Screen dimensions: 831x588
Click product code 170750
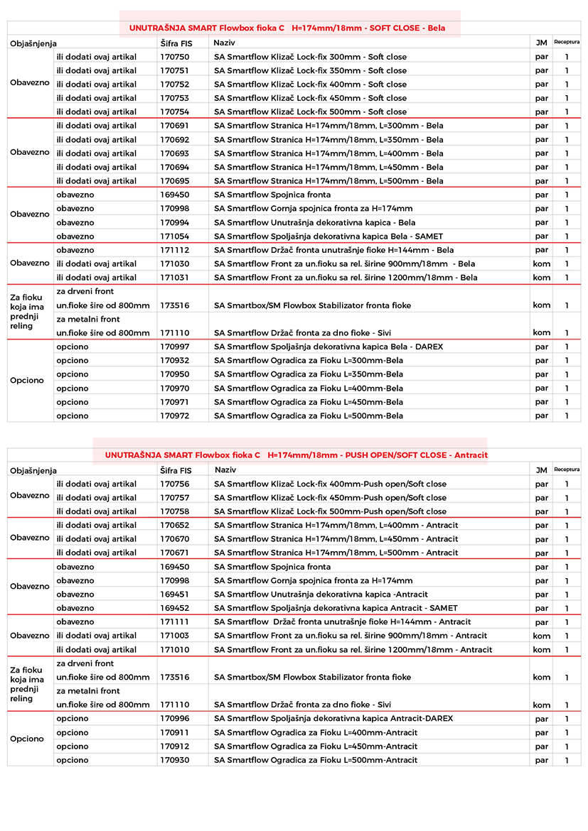(x=174, y=57)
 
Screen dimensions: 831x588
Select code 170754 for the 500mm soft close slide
(x=174, y=112)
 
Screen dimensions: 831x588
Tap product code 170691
(x=174, y=126)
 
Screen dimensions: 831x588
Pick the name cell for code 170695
(x=328, y=181)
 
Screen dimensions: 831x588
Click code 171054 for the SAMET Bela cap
(x=174, y=237)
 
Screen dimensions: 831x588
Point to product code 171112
(x=174, y=250)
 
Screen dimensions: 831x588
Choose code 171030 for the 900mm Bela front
(x=174, y=264)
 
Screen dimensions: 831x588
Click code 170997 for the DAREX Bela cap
(x=174, y=347)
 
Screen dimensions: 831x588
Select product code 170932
(x=174, y=361)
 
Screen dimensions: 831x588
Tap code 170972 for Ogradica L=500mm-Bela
(x=174, y=416)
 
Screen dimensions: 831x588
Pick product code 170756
(x=174, y=484)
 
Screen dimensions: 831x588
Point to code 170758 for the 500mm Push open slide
(x=174, y=511)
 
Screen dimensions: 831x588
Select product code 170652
(x=174, y=526)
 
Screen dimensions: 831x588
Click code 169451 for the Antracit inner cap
(x=174, y=594)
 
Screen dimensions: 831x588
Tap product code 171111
(x=174, y=622)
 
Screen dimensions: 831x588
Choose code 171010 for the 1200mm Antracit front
(x=174, y=650)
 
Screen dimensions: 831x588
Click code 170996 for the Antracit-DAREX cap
(x=174, y=719)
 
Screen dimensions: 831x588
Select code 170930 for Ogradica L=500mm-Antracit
(x=174, y=760)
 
